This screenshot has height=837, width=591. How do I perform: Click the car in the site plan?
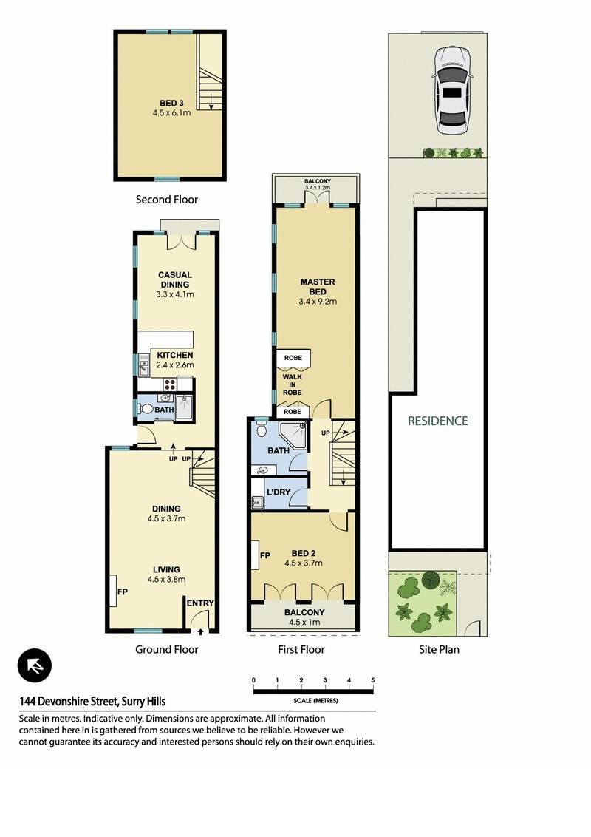click(x=452, y=89)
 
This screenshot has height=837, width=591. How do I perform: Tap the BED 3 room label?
click(x=171, y=103)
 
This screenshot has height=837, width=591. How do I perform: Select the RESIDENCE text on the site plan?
click(x=438, y=421)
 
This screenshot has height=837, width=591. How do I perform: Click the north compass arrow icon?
click(x=35, y=665)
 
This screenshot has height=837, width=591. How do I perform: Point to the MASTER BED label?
click(x=318, y=287)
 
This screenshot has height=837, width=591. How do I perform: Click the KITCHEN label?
click(x=175, y=355)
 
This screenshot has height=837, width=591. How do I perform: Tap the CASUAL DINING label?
click(x=175, y=279)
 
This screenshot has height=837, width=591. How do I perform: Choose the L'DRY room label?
click(x=279, y=492)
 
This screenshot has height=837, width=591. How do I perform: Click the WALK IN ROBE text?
click(x=293, y=384)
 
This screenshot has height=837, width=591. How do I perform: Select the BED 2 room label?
click(x=304, y=554)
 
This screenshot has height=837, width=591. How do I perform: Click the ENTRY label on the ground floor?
click(x=200, y=603)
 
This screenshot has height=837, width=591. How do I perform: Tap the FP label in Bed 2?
click(x=265, y=556)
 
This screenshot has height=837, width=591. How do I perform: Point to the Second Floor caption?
click(x=166, y=200)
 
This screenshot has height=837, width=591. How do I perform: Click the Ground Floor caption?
click(x=166, y=650)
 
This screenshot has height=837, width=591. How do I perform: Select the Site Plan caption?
click(x=439, y=650)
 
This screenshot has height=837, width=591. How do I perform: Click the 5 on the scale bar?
click(x=373, y=680)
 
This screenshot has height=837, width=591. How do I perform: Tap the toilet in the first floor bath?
click(x=262, y=430)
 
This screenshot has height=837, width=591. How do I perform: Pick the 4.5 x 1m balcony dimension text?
click(x=304, y=622)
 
